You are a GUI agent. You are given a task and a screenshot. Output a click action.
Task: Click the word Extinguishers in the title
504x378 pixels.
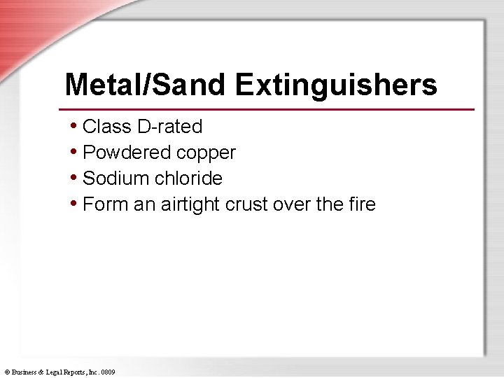(336, 85)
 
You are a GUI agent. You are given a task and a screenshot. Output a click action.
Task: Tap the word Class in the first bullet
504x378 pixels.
(107, 127)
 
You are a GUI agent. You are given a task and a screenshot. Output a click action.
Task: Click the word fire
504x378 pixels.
(362, 204)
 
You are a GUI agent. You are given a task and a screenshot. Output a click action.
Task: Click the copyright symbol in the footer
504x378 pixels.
(6, 372)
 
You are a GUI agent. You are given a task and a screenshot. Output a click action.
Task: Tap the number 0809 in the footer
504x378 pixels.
(108, 372)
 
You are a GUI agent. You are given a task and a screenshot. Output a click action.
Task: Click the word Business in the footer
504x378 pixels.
(25, 372)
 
